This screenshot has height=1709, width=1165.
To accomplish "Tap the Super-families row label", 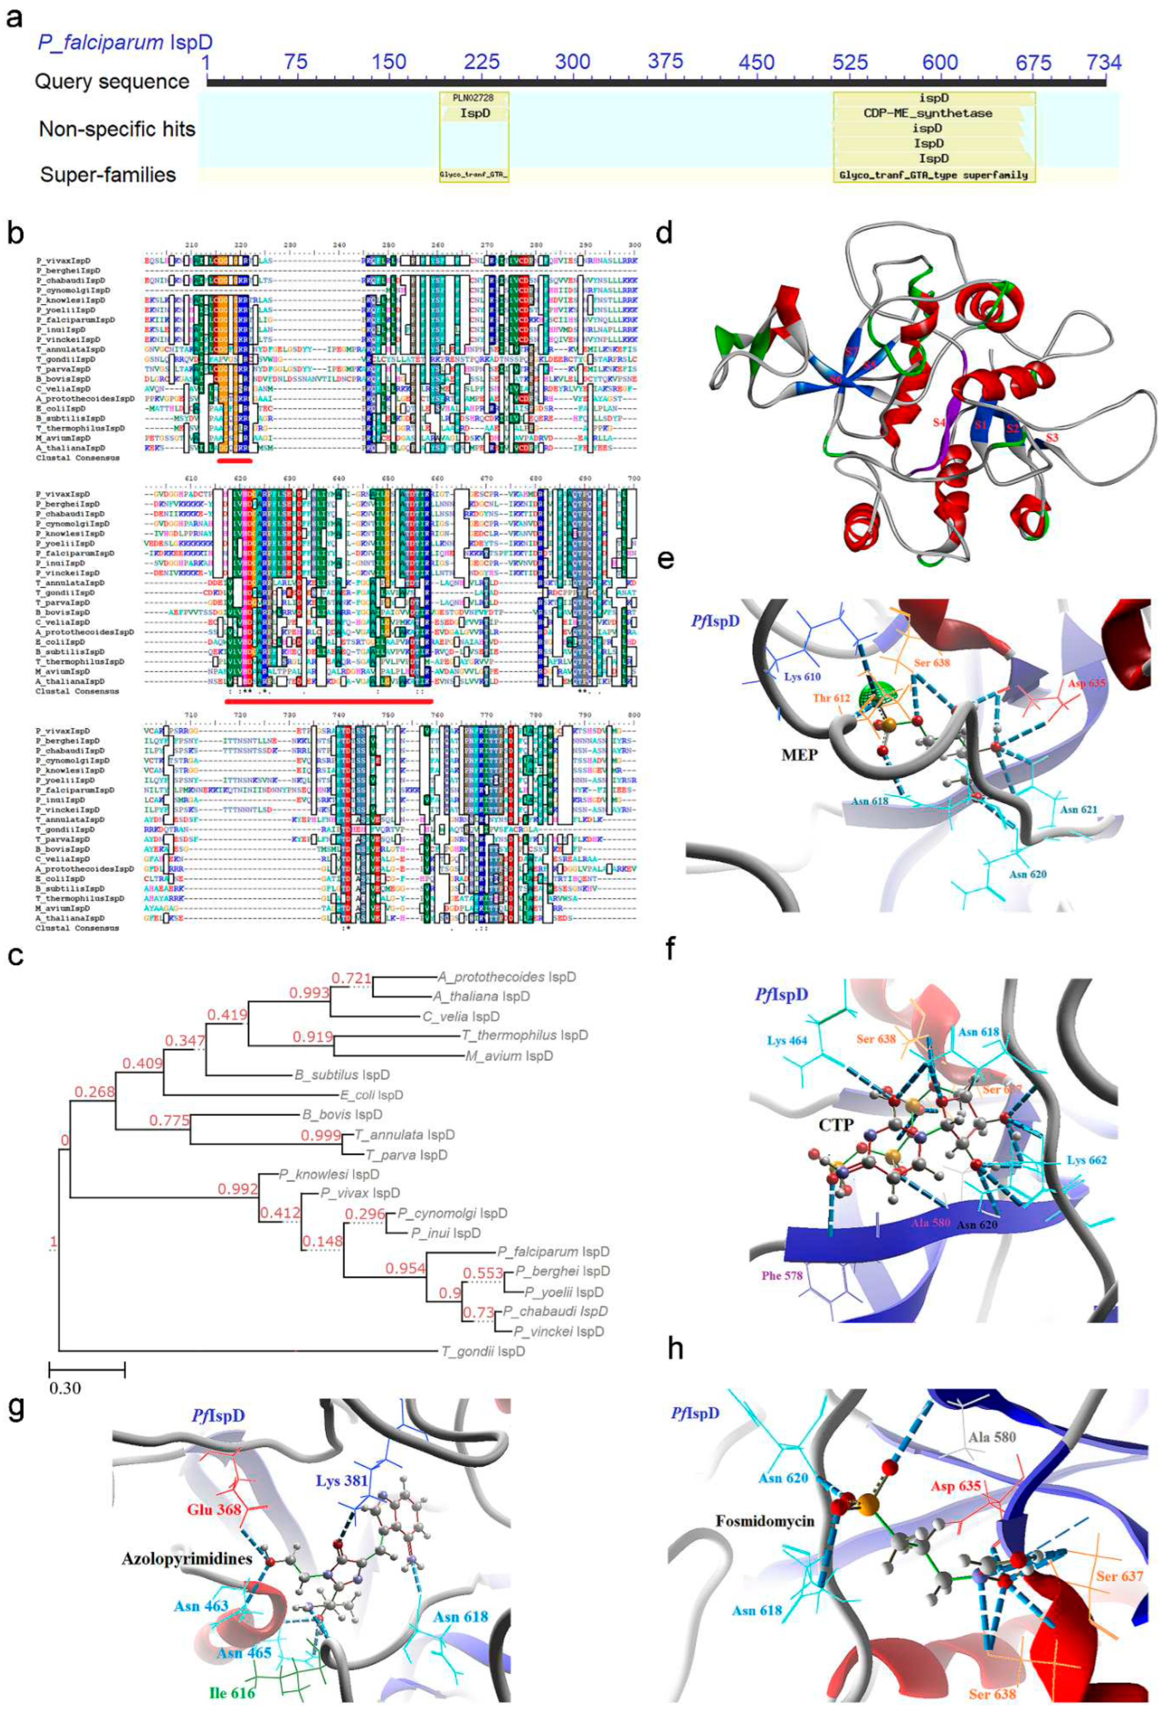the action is pos(108,175).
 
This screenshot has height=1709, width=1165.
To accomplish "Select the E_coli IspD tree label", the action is pos(374,1095).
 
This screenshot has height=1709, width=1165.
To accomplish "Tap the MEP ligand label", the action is pos(799,754).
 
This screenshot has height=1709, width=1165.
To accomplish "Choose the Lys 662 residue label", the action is pos(1086,1160).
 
